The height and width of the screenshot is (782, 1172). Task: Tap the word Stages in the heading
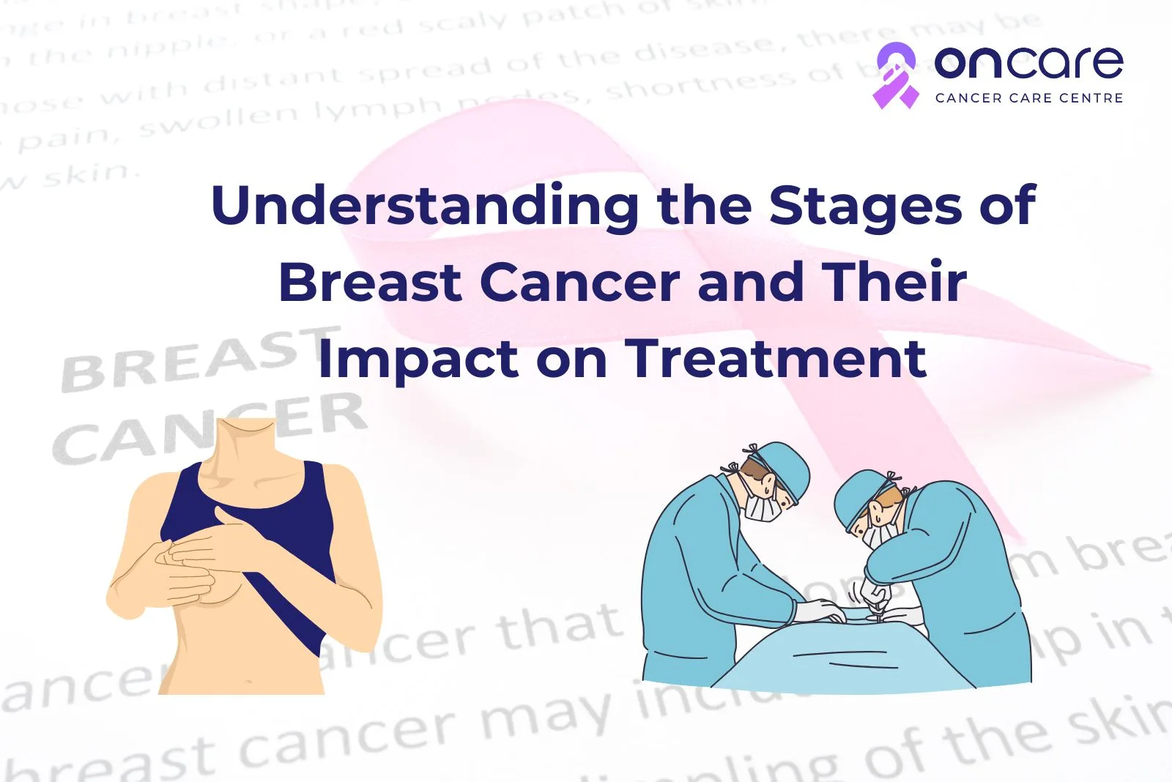864,207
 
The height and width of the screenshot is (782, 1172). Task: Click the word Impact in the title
418,360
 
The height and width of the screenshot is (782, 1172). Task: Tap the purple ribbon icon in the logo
895,75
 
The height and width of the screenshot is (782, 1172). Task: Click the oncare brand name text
1028,63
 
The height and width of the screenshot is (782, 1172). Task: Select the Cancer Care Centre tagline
1028,98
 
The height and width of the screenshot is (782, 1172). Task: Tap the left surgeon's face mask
762,506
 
